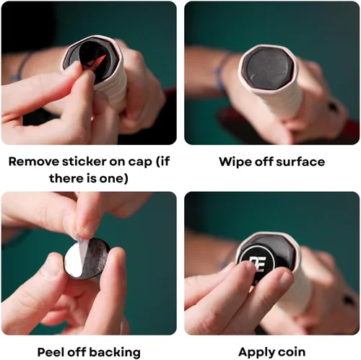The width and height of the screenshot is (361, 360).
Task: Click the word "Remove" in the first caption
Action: [33, 162]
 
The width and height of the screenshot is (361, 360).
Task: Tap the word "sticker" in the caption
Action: [84, 162]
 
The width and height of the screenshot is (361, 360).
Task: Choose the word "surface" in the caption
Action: [300, 162]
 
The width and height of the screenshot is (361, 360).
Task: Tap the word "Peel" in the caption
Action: [51, 352]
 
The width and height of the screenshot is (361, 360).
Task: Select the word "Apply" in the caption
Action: [257, 353]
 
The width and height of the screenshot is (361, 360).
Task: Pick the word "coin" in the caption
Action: [292, 352]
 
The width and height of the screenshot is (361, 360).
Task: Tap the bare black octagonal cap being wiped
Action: [268, 68]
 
